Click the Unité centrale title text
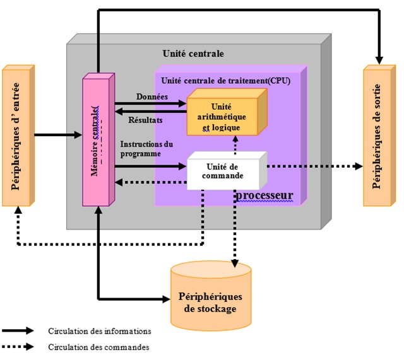193,54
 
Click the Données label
151,96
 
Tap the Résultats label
146,119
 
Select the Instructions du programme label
146,149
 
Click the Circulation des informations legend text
99,330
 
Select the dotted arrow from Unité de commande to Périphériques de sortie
316,166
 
